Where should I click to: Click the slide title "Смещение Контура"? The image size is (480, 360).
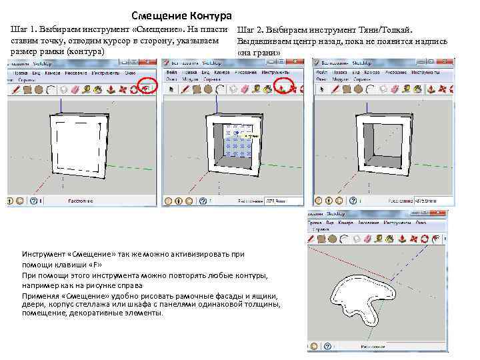pyautogui.click(x=181, y=15)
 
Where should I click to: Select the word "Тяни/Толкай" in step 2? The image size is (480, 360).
pyautogui.click(x=384, y=31)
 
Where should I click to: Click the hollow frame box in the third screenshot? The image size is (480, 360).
pyautogui.click(x=382, y=142)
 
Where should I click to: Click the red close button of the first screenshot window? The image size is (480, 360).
pyautogui.click(x=152, y=62)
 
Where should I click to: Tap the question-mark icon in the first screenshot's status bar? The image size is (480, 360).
pyautogui.click(x=32, y=200)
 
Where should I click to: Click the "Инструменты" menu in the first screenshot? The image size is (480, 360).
pyautogui.click(x=107, y=71)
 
